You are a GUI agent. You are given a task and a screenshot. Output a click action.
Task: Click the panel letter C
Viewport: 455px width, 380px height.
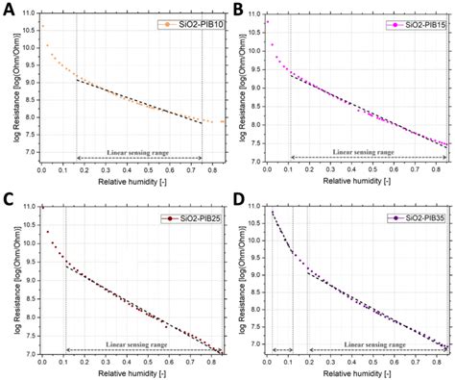pos(7,199)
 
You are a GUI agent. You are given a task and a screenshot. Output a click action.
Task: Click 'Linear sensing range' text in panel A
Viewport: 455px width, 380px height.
pos(139,152)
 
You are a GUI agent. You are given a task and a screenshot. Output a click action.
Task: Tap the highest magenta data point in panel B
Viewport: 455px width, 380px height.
pos(268,21)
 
